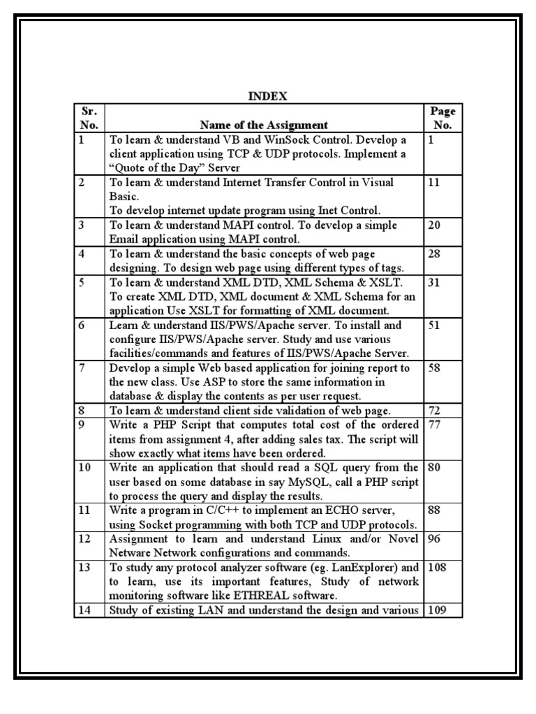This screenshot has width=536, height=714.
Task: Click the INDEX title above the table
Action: pos(269,96)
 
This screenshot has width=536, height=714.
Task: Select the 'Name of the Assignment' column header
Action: pos(264,126)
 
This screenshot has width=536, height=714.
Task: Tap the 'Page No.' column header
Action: pos(443,119)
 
